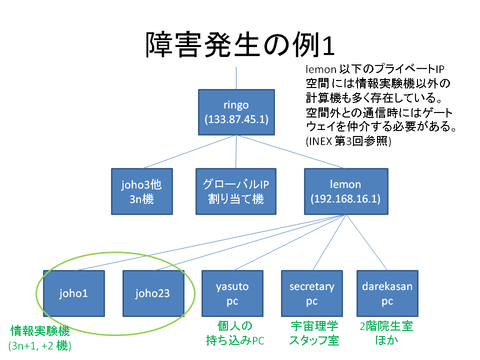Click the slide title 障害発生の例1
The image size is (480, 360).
[x=240, y=45]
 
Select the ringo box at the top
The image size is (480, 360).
[x=236, y=112]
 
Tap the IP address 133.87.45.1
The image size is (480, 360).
[x=236, y=119]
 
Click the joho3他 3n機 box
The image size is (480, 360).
[x=141, y=191]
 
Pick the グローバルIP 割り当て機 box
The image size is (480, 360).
[x=235, y=191]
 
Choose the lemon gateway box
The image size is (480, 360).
[x=346, y=191]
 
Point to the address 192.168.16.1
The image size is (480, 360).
[x=345, y=198]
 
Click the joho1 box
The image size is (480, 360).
[x=74, y=293]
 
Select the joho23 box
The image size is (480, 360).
[x=153, y=293]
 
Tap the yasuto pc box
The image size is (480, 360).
[x=232, y=293]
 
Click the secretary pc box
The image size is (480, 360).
[x=312, y=293]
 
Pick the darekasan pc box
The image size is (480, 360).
[x=387, y=293]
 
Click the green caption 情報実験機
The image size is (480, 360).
[x=40, y=331]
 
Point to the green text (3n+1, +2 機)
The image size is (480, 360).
[x=40, y=345]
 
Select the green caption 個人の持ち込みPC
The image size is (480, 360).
[x=235, y=333]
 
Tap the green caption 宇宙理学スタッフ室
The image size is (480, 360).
[x=314, y=333]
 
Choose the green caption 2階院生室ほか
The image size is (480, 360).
[x=386, y=333]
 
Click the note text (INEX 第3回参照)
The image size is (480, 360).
[x=348, y=141]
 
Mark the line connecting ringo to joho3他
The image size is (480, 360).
[x=189, y=152]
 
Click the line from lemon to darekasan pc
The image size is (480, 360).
[x=366, y=242]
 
